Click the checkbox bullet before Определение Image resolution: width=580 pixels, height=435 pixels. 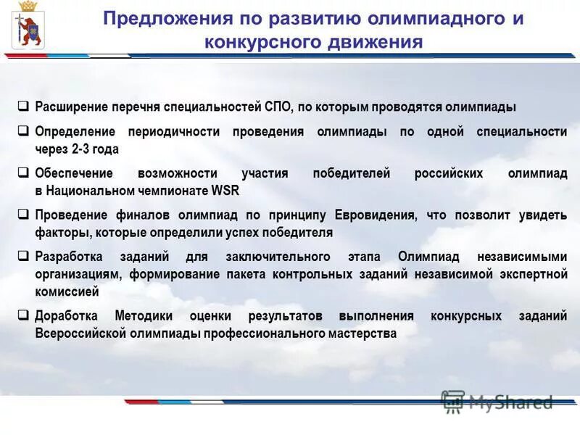click(x=23, y=131)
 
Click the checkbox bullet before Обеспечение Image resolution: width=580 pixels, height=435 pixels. click(x=23, y=173)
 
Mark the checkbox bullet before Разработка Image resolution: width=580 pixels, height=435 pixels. click(x=23, y=257)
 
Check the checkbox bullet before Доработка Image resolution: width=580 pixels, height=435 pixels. click(x=23, y=315)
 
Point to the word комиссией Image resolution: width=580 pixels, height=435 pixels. click(x=67, y=292)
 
